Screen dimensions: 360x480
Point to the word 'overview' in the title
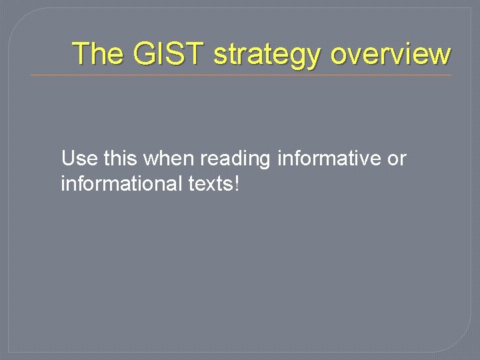pyautogui.click(x=390, y=53)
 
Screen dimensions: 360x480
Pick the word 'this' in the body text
pyautogui.click(x=120, y=159)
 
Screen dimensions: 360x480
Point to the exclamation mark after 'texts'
pyautogui.click(x=235, y=183)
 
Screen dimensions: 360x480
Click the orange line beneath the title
pyautogui.click(x=240, y=75)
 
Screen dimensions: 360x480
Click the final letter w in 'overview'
pyautogui.click(x=441, y=55)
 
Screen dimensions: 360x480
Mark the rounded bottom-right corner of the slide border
pyautogui.click(x=463, y=343)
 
